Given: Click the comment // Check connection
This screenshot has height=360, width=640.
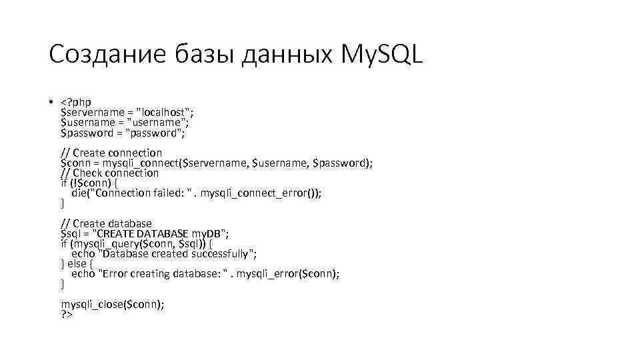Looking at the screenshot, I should (110, 173).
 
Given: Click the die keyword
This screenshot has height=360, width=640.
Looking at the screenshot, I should (79, 193).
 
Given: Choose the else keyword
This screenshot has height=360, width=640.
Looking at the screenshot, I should (77, 264).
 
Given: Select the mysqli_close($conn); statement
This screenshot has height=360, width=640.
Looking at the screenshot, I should (113, 304).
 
